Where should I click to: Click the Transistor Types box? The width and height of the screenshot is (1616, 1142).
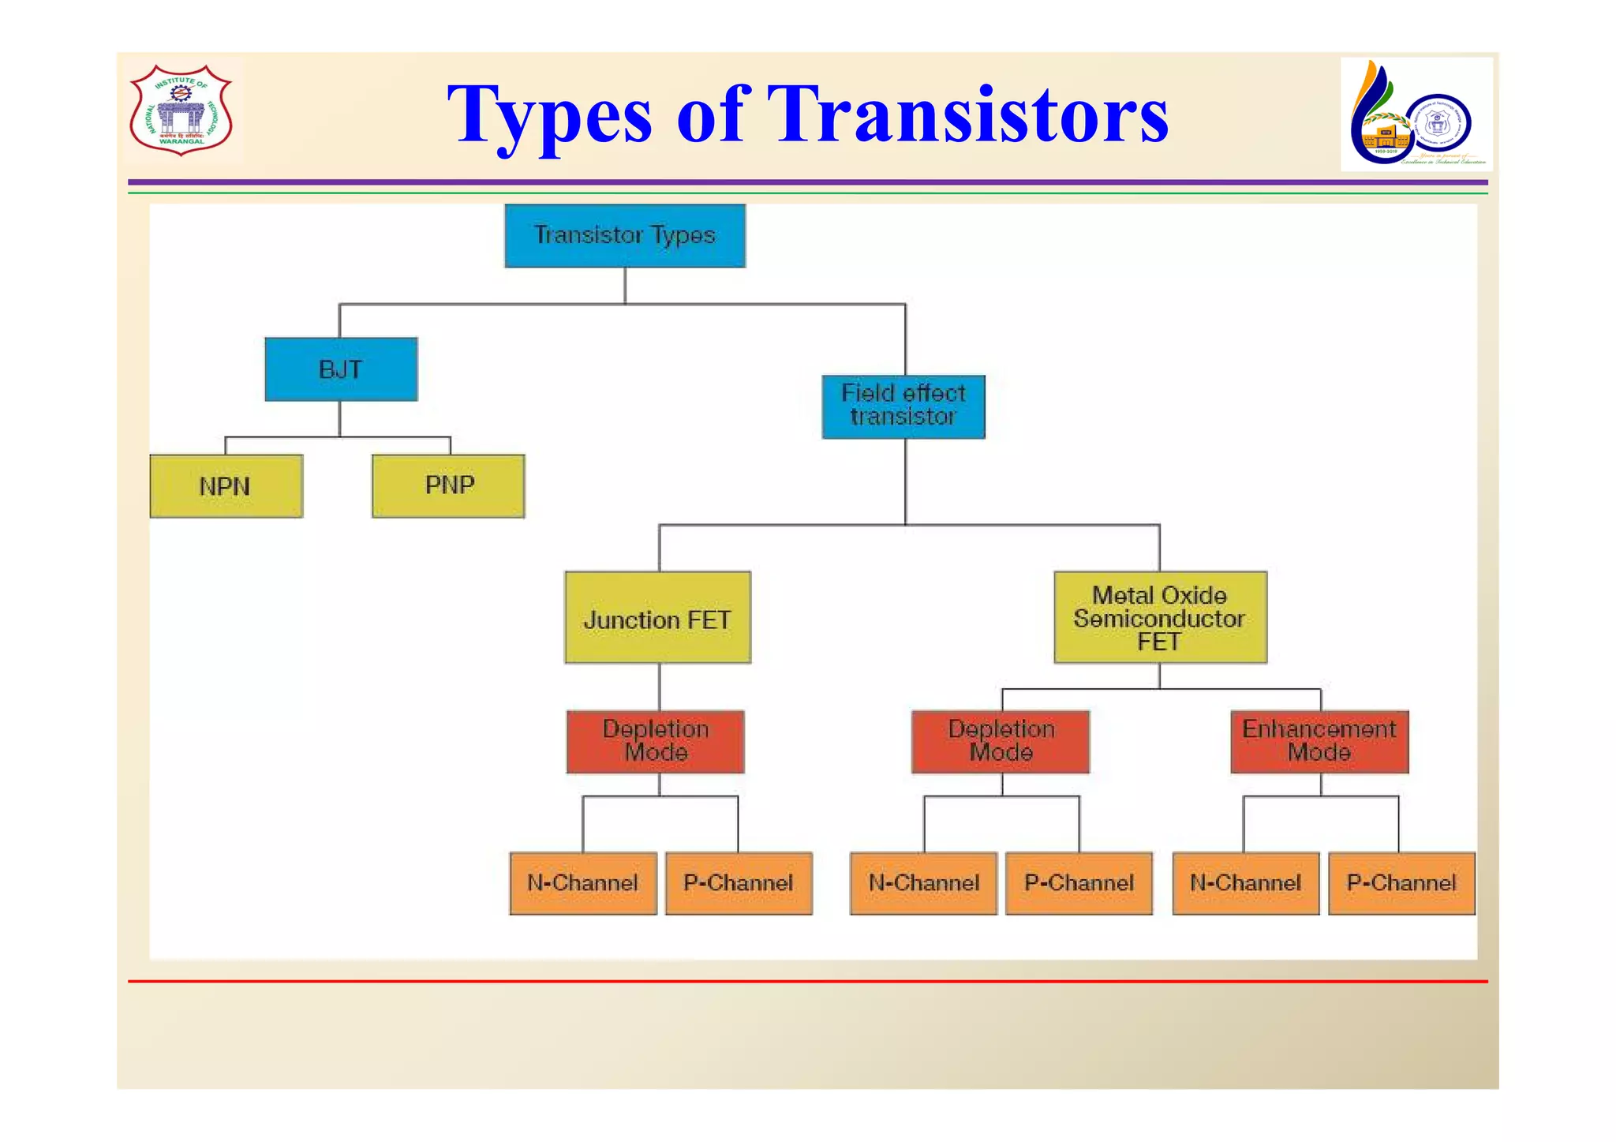(x=624, y=235)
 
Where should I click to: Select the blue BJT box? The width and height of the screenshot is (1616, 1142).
(x=341, y=369)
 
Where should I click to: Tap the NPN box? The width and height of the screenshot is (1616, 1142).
(x=226, y=486)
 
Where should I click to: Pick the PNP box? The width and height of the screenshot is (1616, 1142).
(x=448, y=485)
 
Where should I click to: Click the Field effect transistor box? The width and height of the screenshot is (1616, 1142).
(x=903, y=406)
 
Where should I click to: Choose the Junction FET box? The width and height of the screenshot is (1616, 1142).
(x=657, y=617)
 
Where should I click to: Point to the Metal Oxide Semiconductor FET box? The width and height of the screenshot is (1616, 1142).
(x=1160, y=617)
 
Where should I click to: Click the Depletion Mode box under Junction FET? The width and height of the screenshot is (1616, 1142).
(x=655, y=741)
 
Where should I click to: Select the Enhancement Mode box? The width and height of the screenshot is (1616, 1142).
(x=1319, y=741)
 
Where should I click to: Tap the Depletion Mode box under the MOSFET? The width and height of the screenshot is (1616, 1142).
(x=1001, y=741)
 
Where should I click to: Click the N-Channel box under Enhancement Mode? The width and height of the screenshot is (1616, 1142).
(x=1245, y=883)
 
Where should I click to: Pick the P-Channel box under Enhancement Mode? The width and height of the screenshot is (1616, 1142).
(x=1401, y=883)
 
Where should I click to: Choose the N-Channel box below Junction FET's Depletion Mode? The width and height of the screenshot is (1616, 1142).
(x=582, y=883)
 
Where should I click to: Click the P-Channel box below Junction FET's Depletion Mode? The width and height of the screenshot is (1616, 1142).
(x=739, y=883)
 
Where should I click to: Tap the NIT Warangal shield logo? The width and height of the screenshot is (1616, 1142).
(x=181, y=110)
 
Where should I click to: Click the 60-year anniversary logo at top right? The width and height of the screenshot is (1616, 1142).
(x=1416, y=114)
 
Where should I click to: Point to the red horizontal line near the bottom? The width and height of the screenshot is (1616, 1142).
(x=808, y=981)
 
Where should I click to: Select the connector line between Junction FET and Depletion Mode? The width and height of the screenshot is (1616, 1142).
(x=659, y=687)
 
